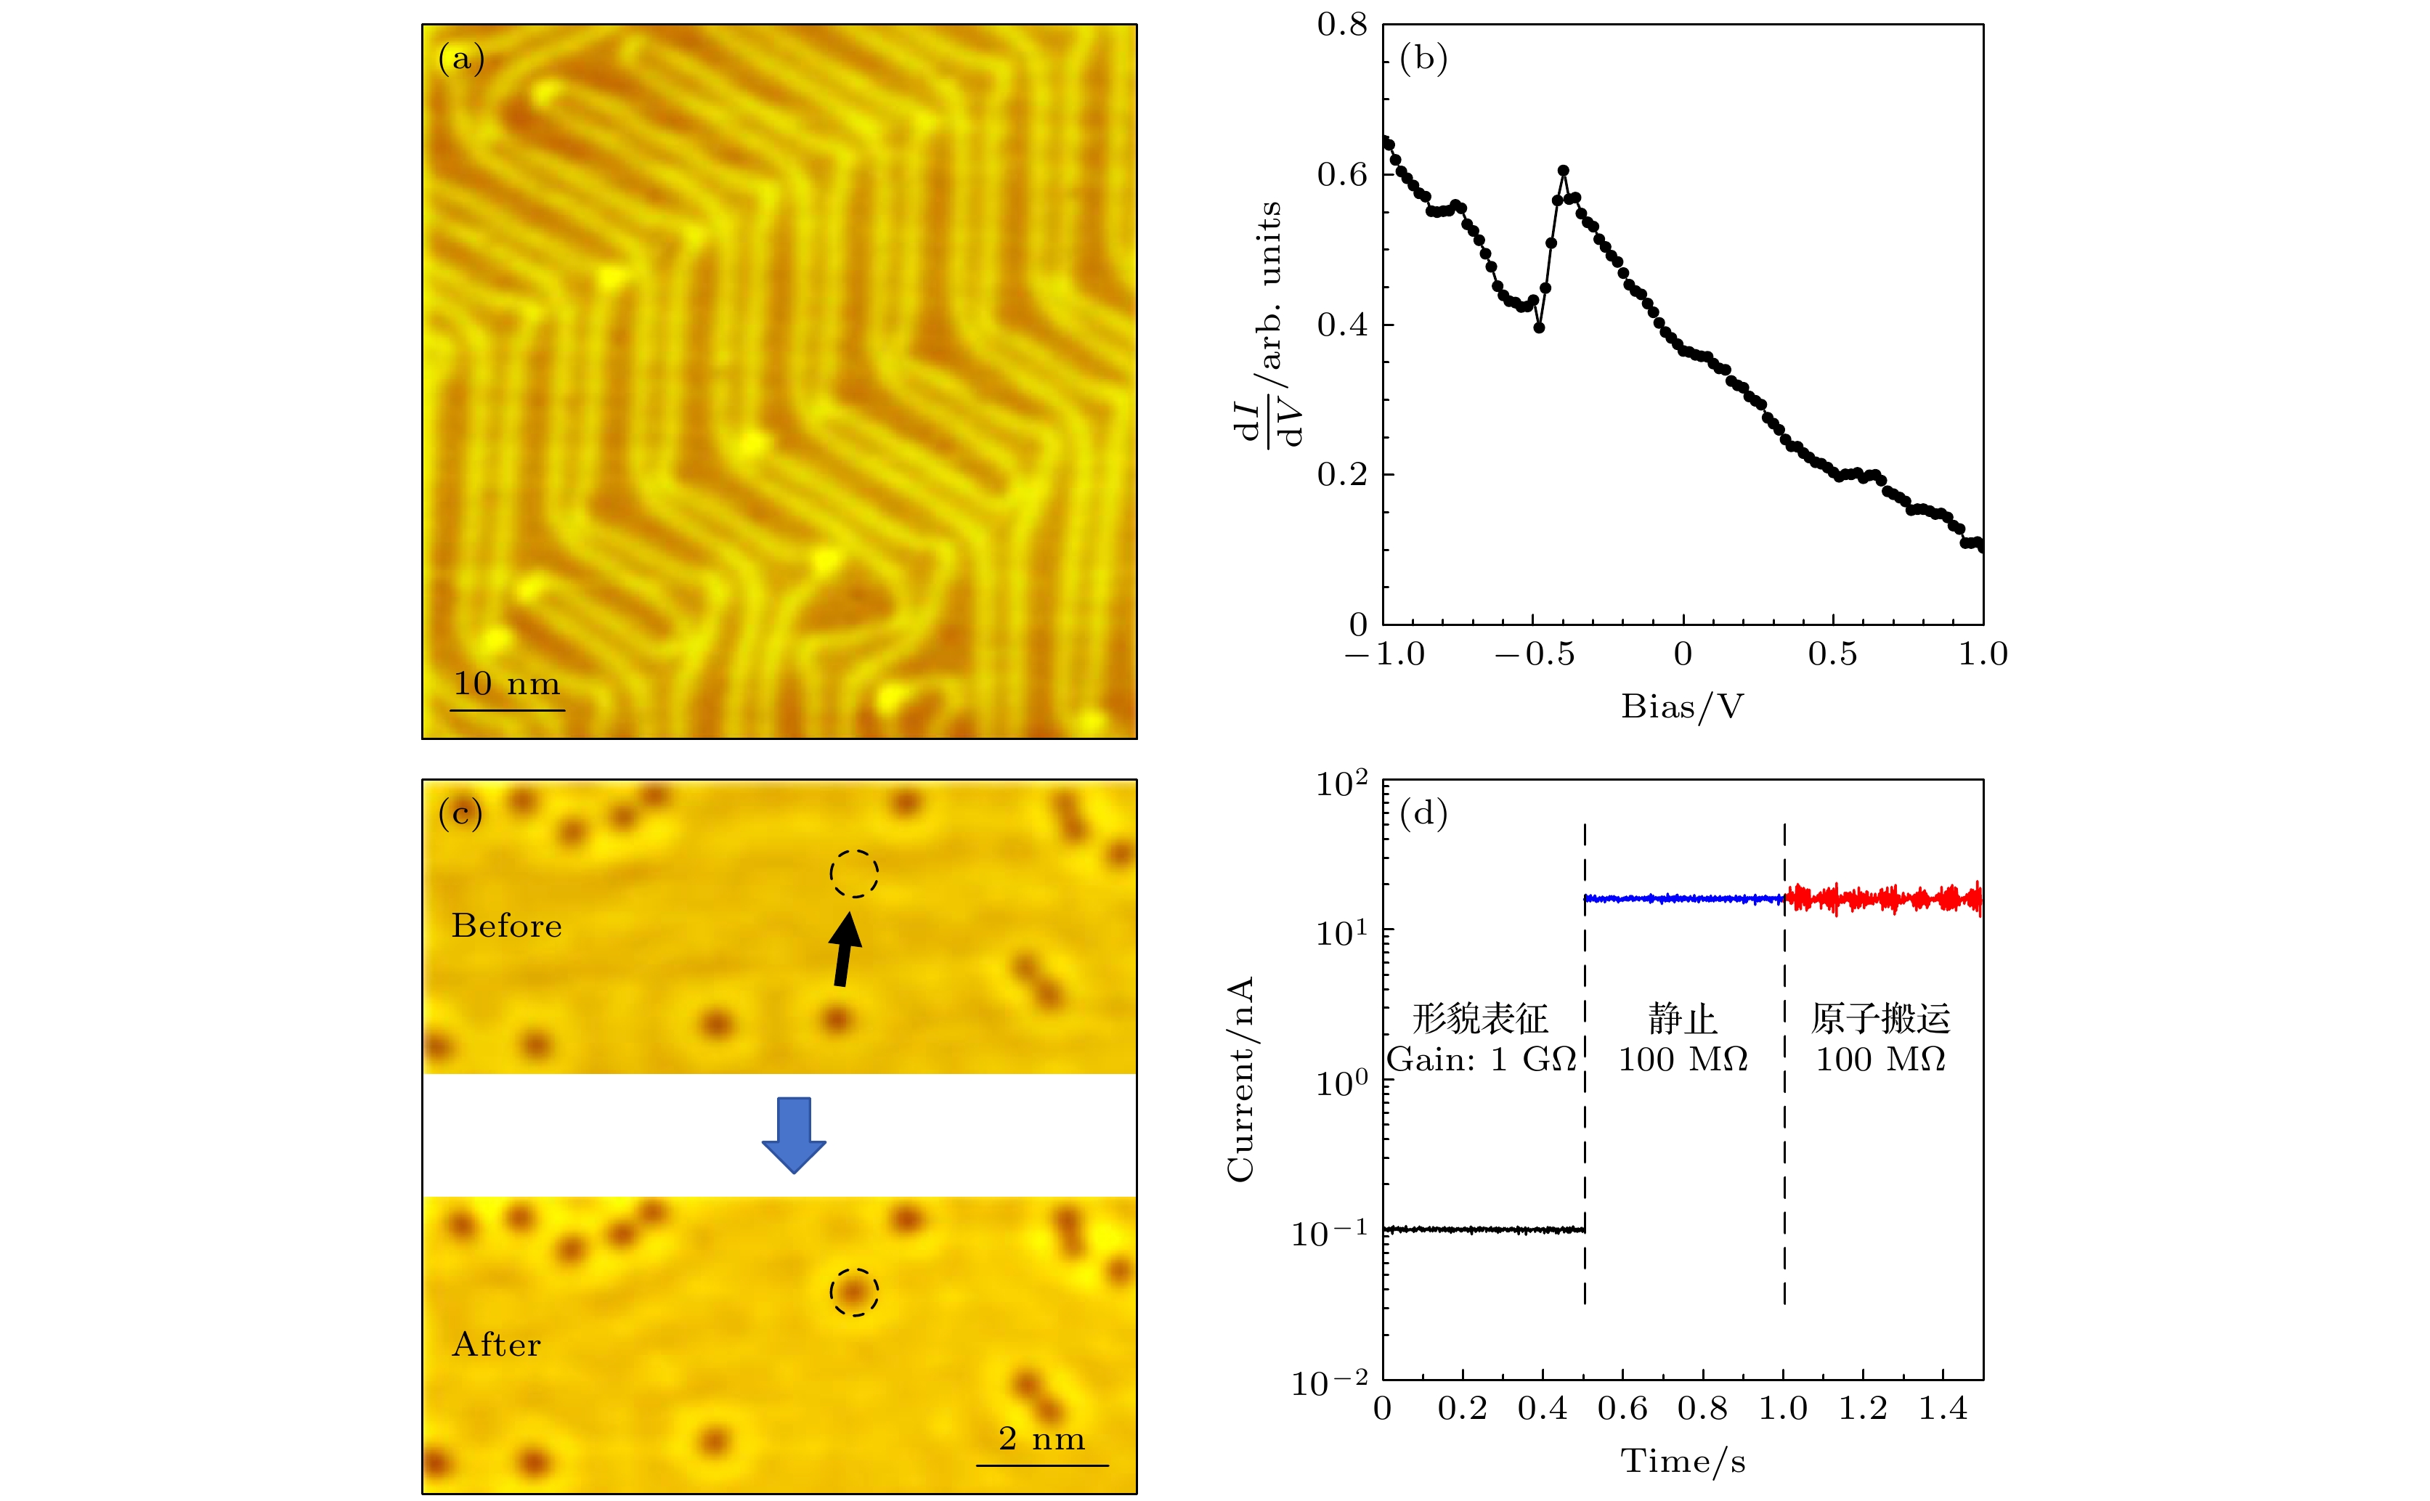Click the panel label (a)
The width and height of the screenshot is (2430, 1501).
coord(460,60)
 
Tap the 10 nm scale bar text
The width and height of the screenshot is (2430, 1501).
coord(506,684)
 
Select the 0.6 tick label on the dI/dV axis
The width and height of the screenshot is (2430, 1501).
coord(1342,175)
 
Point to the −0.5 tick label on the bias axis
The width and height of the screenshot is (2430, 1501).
coord(1535,654)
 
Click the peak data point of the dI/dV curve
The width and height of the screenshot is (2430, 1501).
coord(1564,171)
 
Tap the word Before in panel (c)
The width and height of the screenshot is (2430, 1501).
coord(506,925)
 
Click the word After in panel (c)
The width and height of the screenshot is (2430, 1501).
coord(496,1344)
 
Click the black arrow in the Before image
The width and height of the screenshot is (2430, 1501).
coord(845,948)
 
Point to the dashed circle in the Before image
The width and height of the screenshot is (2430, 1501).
coord(853,874)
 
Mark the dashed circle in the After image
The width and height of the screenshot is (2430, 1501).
coord(853,1292)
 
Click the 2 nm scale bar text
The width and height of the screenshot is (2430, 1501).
coord(1041,1438)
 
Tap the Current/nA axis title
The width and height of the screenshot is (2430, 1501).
coord(1241,1079)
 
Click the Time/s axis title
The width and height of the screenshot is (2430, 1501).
coord(1683,1461)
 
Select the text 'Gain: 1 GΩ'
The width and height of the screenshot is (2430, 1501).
coord(1481,1059)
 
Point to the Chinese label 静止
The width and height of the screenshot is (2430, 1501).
coord(1683,1019)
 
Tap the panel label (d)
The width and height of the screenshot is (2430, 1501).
coord(1423,814)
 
